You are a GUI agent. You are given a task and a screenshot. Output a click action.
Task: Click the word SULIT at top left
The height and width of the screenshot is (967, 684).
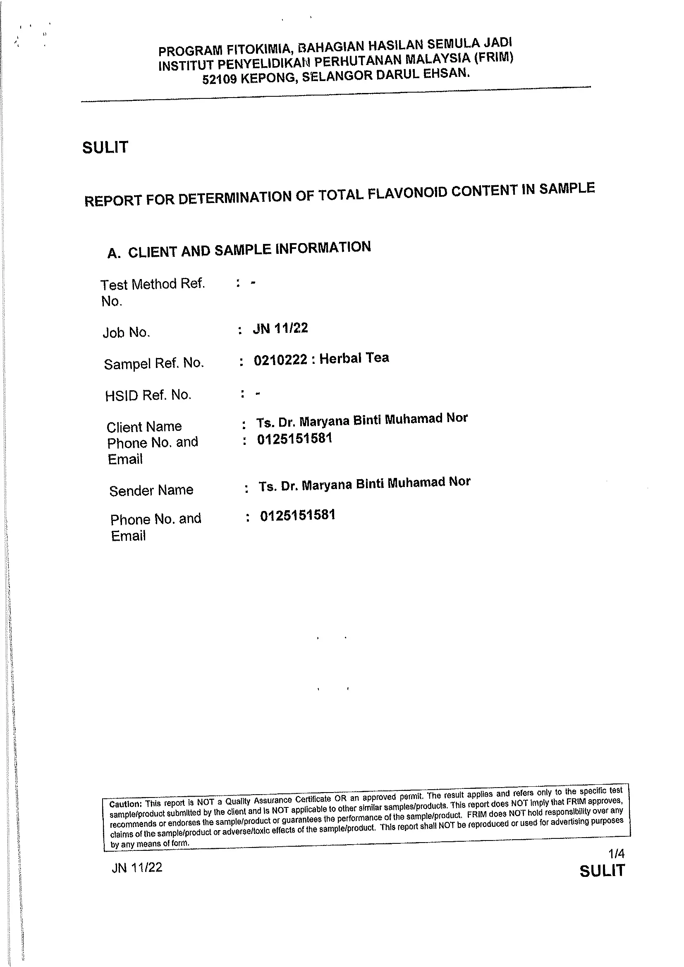click(105, 148)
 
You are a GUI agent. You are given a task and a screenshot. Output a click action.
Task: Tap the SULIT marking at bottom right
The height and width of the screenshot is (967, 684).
click(602, 871)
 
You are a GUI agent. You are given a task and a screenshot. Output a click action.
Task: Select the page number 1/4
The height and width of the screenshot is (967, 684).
click(616, 853)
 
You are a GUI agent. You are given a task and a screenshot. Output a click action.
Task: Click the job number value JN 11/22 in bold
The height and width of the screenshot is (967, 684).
click(280, 328)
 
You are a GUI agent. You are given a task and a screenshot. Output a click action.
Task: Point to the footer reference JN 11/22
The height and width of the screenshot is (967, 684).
click(137, 867)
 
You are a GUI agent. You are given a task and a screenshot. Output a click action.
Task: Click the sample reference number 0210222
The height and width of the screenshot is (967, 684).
click(280, 360)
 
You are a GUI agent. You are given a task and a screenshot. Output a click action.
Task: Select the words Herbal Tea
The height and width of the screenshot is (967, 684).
click(354, 358)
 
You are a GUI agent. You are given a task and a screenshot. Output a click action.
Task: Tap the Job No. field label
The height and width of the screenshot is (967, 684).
click(127, 333)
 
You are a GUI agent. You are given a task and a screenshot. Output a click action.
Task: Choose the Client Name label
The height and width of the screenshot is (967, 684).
click(144, 427)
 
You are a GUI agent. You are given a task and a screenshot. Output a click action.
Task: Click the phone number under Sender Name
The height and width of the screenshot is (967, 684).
click(298, 516)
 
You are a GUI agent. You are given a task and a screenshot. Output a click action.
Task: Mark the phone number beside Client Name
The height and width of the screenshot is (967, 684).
click(295, 439)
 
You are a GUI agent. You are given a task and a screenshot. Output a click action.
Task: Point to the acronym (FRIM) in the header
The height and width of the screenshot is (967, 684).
click(493, 57)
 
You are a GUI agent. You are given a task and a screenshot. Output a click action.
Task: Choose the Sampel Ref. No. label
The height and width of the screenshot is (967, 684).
click(154, 363)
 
